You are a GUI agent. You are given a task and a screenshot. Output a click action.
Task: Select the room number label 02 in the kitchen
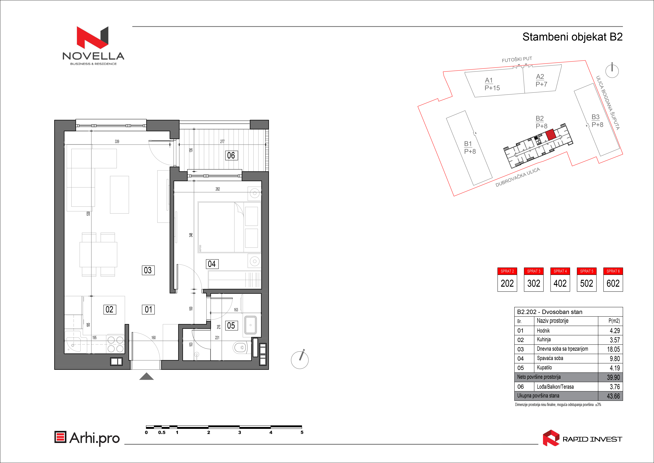point(110,309)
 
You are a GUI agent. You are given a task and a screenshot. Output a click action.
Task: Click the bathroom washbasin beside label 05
point(250,325)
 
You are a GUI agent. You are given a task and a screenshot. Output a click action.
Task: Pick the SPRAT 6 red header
point(613,271)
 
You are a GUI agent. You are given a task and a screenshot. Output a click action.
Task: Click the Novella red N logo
point(93,37)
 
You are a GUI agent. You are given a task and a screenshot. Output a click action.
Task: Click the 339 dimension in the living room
point(117,141)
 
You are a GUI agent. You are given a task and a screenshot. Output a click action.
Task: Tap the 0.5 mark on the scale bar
point(162,433)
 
